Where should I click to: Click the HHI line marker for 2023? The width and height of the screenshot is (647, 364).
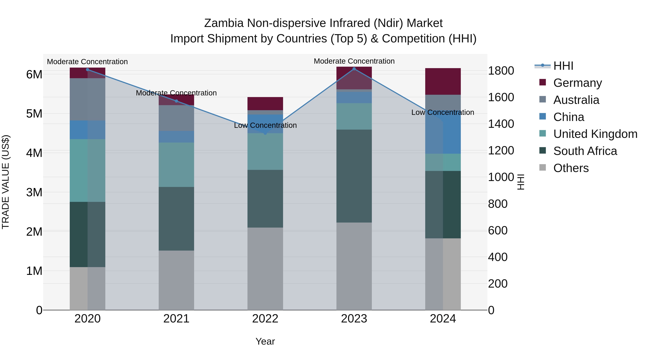(x=354, y=69)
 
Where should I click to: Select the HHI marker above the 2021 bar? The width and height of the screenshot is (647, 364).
(x=176, y=101)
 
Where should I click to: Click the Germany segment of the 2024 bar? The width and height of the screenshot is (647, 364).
(x=443, y=81)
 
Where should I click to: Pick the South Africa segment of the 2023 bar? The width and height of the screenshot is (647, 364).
(x=354, y=176)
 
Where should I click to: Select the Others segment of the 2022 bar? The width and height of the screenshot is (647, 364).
(x=265, y=269)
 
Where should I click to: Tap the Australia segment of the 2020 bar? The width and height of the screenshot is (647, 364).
(x=87, y=99)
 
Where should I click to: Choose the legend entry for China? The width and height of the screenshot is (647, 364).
(x=569, y=117)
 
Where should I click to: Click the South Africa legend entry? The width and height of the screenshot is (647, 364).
(x=585, y=151)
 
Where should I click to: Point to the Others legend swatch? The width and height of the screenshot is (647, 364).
(x=543, y=168)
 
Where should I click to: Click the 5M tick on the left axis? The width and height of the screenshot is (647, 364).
(x=34, y=114)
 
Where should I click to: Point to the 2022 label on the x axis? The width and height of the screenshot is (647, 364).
(x=265, y=319)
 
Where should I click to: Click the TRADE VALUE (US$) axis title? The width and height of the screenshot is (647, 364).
(x=6, y=182)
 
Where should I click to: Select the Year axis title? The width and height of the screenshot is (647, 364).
(x=265, y=341)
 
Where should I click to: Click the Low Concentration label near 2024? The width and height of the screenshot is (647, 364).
(x=442, y=112)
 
